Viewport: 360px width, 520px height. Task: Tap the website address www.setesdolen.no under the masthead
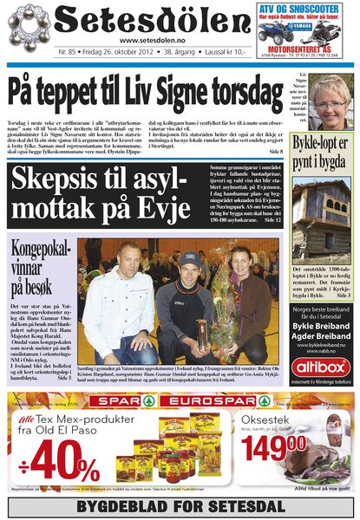[153, 40]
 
